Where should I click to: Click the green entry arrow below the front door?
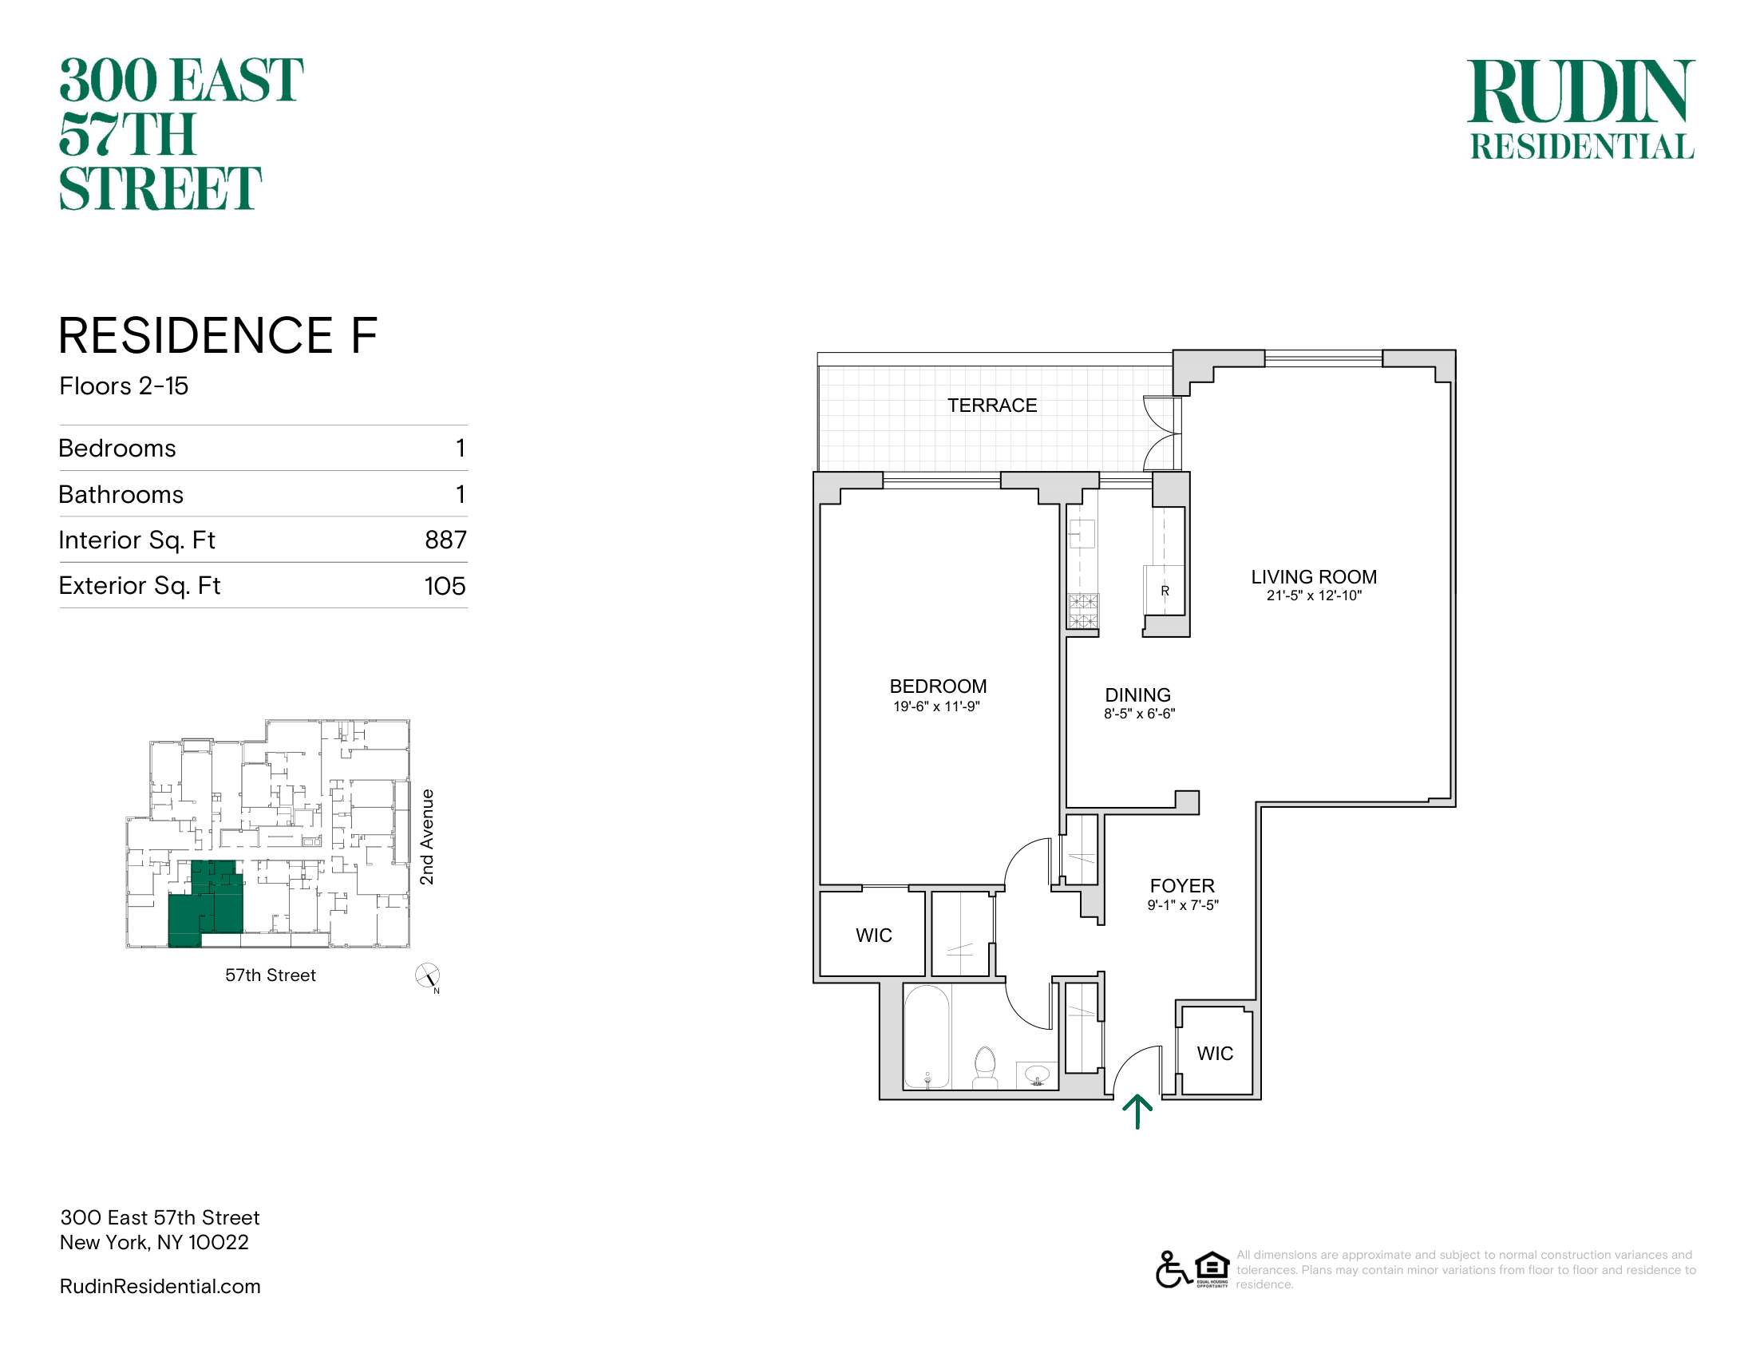tap(1137, 1113)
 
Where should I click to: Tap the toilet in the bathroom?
tap(985, 1066)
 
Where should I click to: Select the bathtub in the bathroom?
tap(927, 1037)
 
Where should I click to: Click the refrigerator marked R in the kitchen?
tap(1165, 590)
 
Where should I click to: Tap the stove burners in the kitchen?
tap(1083, 610)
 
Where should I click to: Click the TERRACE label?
tap(992, 406)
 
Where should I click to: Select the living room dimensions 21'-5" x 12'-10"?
tap(1314, 595)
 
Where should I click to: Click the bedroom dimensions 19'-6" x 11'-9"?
tap(937, 706)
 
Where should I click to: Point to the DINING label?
tap(1137, 694)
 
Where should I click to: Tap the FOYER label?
tap(1182, 886)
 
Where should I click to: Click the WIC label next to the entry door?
tap(1215, 1053)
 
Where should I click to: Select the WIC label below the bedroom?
tap(874, 935)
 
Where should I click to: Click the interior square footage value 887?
tap(445, 540)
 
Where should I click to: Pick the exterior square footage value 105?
tap(445, 585)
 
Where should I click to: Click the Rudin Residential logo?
tap(1581, 109)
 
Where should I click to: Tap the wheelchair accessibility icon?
tap(1173, 1269)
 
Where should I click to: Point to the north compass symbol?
tap(427, 976)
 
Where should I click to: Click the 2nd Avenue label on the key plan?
tap(427, 837)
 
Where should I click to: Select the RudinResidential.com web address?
tap(160, 1286)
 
